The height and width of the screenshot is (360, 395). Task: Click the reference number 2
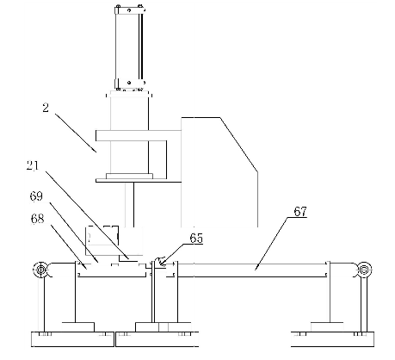pos(46,108)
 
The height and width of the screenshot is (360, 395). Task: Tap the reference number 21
pos(33,165)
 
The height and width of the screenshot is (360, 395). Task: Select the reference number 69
pos(36,196)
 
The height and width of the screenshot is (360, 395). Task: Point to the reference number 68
pos(37,219)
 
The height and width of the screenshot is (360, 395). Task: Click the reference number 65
pos(196,239)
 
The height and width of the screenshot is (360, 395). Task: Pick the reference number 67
pos(300,212)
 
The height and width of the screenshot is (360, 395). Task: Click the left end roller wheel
pos(40,270)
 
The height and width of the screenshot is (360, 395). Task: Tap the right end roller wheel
pos(364,270)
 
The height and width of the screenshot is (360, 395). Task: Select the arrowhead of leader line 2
pos(95,149)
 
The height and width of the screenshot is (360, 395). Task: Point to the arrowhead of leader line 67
pos(256,268)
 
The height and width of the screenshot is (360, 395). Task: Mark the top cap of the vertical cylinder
pos(130,10)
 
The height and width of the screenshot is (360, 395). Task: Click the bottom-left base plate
pos(72,339)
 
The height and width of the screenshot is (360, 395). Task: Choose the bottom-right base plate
pos(333,339)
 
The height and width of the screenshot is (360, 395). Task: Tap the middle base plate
pos(157,339)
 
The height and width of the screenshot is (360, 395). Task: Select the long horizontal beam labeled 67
pos(252,270)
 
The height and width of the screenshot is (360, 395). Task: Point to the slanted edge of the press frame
pos(238,145)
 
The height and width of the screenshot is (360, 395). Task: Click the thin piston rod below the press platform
pos(133,204)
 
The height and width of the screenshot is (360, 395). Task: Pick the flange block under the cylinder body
pos(129,176)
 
